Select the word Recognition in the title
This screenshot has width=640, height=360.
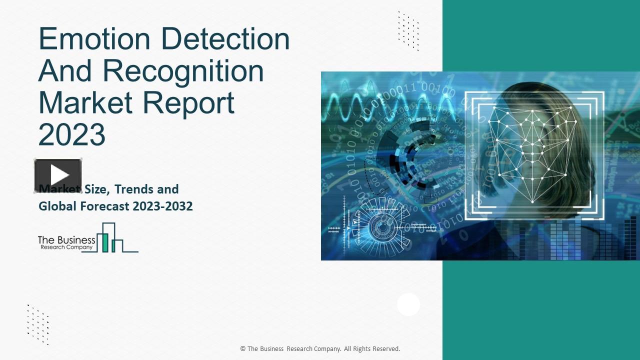pyautogui.click(x=183, y=70)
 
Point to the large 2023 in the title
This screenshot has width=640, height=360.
pyautogui.click(x=72, y=134)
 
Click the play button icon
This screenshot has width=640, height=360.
pyautogui.click(x=58, y=175)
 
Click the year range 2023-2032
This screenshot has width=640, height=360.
pyautogui.click(x=162, y=206)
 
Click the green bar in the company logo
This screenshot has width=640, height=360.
pyautogui.click(x=105, y=242)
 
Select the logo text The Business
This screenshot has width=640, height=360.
pyautogui.click(x=66, y=240)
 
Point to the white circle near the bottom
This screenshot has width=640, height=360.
pyautogui.click(x=408, y=304)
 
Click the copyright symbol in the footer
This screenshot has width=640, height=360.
pyautogui.click(x=242, y=349)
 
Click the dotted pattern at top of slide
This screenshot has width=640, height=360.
pyautogui.click(x=408, y=30)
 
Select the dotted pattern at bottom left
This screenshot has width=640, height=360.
pyautogui.click(x=38, y=324)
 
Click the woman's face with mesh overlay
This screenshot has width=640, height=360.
pyautogui.click(x=532, y=150)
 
